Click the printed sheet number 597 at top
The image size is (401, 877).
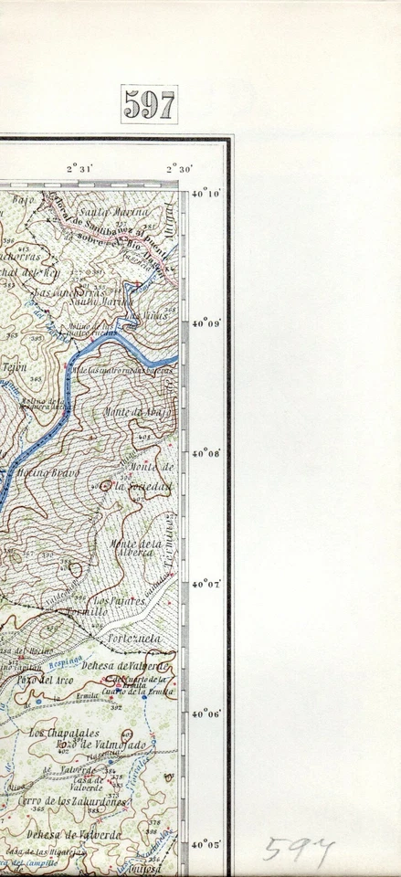pyautogui.click(x=149, y=106)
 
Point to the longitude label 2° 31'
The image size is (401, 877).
pyautogui.click(x=80, y=167)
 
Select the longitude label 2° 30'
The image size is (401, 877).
pyautogui.click(x=178, y=167)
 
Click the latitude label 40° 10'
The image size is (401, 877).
pyautogui.click(x=207, y=193)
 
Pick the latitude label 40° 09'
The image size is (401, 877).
pyautogui.click(x=207, y=322)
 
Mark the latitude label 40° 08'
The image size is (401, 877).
pyautogui.click(x=207, y=453)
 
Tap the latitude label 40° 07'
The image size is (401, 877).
pyautogui.click(x=207, y=584)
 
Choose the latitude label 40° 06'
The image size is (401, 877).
pyautogui.click(x=207, y=714)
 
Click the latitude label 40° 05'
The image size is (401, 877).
pyautogui.click(x=207, y=845)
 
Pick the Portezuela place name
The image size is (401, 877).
pyautogui.click(x=134, y=638)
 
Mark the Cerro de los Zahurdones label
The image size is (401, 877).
pyautogui.click(x=59, y=801)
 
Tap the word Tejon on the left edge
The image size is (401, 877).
pyautogui.click(x=14, y=366)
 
